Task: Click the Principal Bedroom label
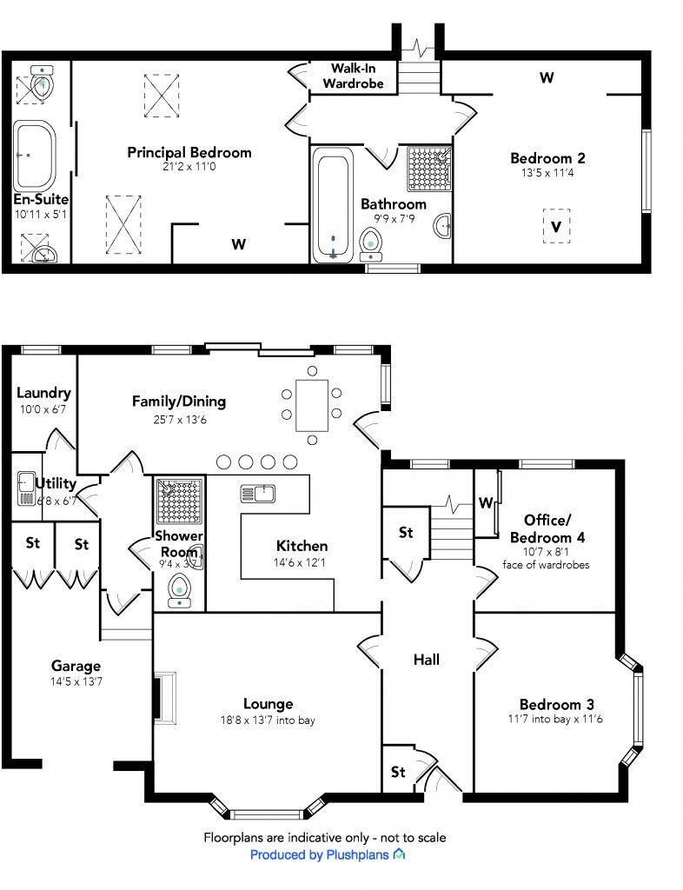click(189, 152)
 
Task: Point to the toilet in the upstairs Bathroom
click(372, 243)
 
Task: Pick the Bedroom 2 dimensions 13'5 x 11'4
click(547, 173)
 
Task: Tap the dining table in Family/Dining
click(311, 405)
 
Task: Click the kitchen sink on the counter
click(258, 494)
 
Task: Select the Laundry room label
click(43, 393)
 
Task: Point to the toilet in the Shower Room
click(180, 589)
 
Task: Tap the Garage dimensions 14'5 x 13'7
click(75, 681)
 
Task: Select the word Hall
click(426, 660)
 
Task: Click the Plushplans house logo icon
click(399, 854)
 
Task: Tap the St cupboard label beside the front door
click(398, 771)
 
